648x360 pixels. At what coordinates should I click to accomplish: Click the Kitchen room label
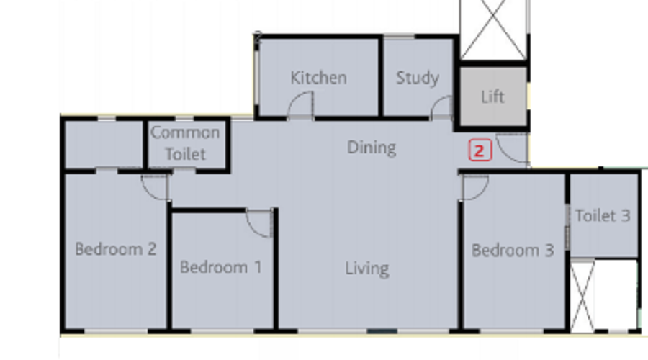(318, 78)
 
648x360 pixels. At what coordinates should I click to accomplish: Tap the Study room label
(418, 78)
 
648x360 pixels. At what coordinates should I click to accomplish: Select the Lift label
(492, 96)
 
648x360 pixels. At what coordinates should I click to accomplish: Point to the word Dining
(372, 148)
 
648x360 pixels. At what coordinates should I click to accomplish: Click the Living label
(367, 269)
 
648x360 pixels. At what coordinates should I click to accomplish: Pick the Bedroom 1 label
(221, 267)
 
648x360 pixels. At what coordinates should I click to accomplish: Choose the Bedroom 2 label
(116, 249)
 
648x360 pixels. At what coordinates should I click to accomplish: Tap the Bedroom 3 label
(513, 250)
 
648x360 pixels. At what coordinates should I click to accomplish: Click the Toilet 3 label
(603, 215)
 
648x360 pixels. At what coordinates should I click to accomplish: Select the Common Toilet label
(185, 143)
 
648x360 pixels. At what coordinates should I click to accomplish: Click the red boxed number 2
(480, 150)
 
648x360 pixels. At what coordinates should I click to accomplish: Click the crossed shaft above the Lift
(493, 30)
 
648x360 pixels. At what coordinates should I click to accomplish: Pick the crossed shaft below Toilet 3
(582, 295)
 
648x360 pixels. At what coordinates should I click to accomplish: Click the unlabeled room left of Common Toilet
(104, 145)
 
